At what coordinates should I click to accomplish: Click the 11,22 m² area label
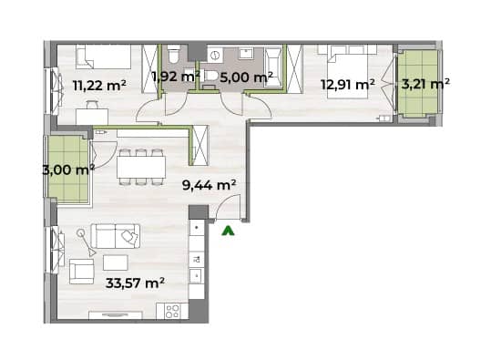coord(99,85)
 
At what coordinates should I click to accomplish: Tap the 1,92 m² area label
coord(176,76)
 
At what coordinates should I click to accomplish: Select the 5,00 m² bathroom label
coord(246,77)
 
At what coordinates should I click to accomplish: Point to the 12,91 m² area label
coord(348,84)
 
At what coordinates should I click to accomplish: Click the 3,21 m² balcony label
coord(425,83)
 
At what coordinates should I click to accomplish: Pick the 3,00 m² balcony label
coord(68,170)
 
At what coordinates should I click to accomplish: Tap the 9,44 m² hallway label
coord(209,185)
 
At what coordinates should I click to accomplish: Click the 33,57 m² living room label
coord(135,283)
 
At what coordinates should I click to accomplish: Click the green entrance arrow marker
coord(228,231)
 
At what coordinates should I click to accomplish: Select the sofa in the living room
coord(116,236)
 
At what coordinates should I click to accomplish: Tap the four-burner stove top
coord(172,311)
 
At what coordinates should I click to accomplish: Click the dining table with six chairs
coord(141,168)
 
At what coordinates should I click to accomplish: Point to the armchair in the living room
coord(82,272)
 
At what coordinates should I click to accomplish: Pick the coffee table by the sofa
coord(116,263)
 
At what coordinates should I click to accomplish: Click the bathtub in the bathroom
coord(273,67)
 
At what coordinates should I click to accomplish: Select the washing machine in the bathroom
coord(215,56)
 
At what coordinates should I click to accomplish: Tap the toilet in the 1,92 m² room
coord(174,55)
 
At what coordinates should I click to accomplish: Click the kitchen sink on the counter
coord(197,276)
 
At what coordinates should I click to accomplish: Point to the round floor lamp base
coord(81,232)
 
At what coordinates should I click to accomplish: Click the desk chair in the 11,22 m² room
coord(91,105)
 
